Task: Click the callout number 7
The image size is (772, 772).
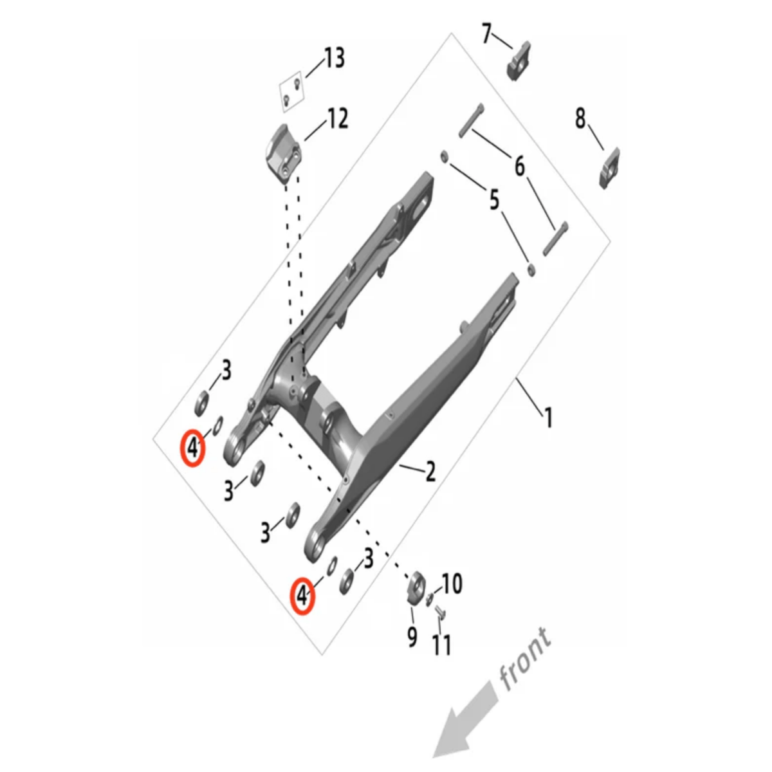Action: (486, 33)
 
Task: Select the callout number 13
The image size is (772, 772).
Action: (334, 58)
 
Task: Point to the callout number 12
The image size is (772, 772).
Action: (337, 118)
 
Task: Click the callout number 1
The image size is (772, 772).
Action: (548, 417)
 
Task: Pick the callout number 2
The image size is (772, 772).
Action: (430, 472)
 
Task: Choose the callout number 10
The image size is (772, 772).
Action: (452, 584)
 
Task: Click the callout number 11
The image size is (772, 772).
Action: (442, 645)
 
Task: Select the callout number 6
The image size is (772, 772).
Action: (519, 166)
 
